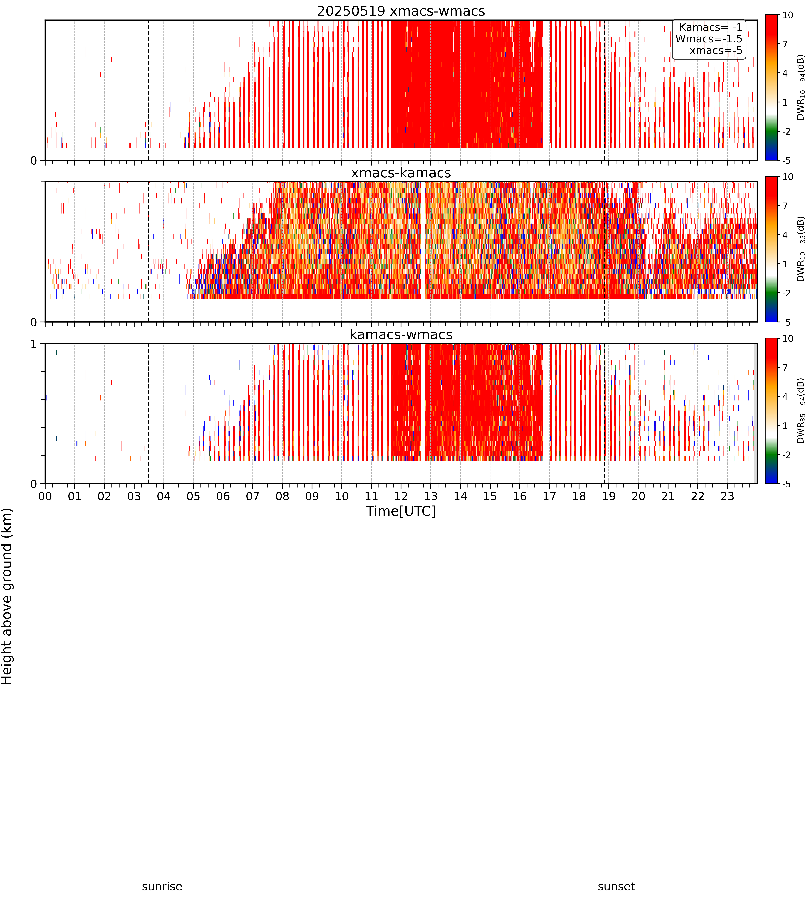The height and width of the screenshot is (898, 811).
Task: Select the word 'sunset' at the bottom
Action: [x=616, y=886]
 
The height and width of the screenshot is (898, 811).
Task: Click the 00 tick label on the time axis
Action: [x=45, y=496]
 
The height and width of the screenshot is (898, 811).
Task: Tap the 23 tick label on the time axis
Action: [x=727, y=496]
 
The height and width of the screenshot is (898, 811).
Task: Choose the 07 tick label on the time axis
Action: [x=253, y=496]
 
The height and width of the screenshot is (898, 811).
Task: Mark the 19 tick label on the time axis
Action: [x=609, y=496]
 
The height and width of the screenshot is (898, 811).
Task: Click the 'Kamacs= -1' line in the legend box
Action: [x=711, y=27]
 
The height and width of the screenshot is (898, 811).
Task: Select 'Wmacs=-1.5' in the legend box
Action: [x=709, y=39]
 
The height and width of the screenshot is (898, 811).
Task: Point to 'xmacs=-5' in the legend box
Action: [x=716, y=50]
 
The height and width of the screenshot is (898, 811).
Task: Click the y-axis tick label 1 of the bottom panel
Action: [x=33, y=344]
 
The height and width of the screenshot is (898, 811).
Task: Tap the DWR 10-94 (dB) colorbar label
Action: [x=801, y=87]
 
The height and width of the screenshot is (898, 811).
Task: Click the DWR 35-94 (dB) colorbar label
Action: [x=801, y=411]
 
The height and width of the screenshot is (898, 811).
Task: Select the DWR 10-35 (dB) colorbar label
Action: [x=801, y=249]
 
